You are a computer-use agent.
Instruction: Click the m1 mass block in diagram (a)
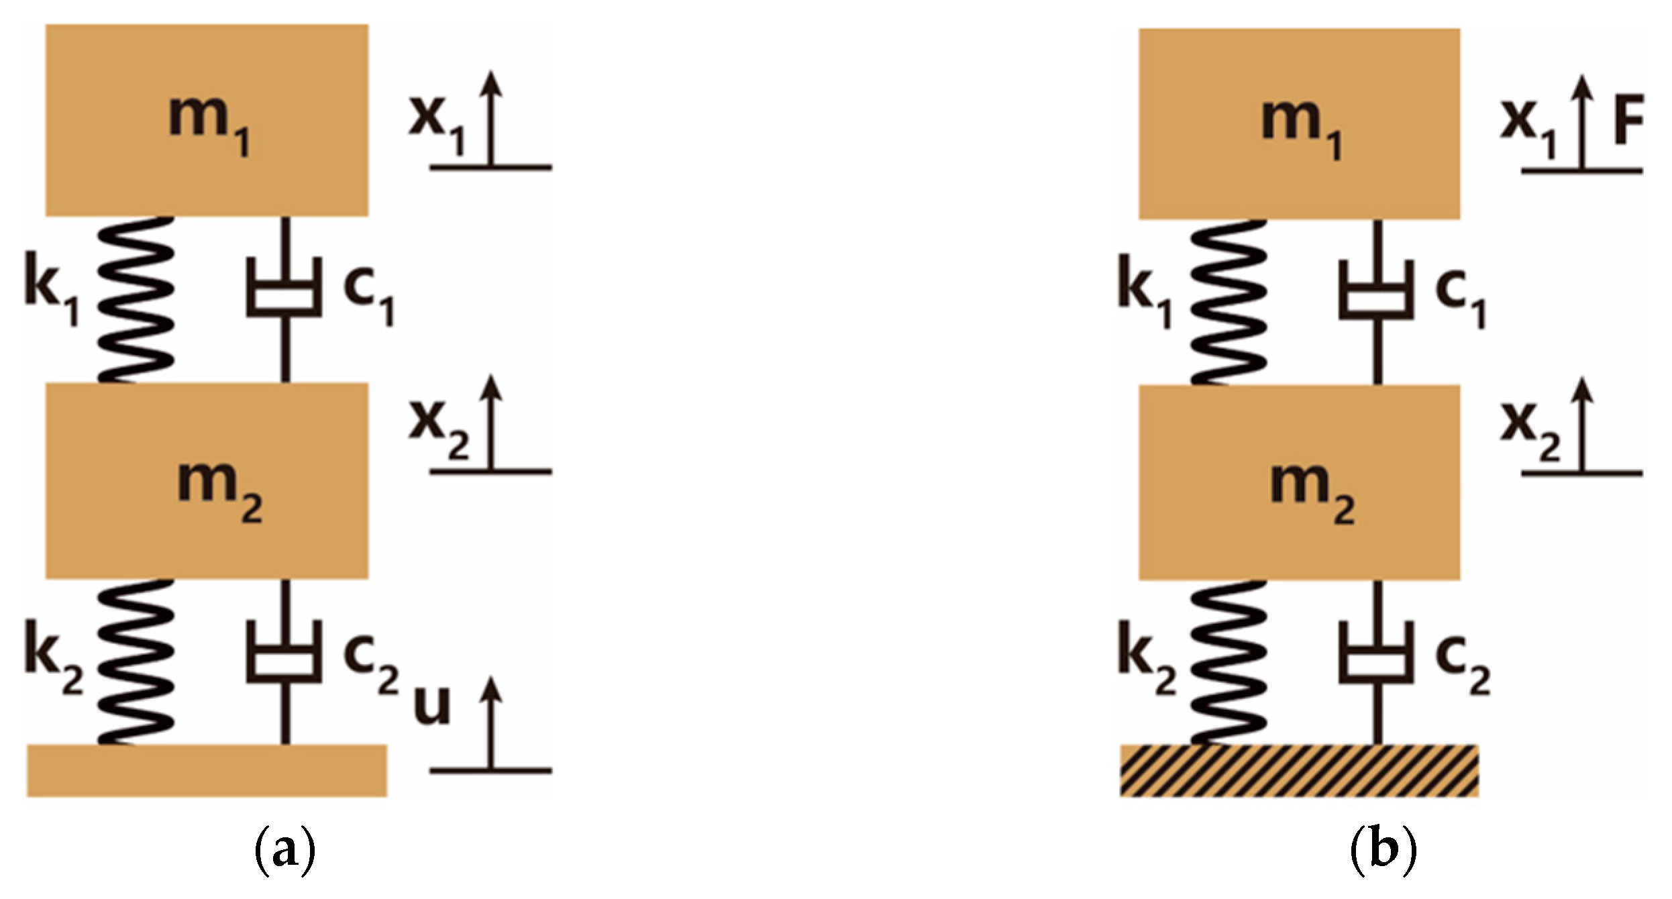tap(207, 121)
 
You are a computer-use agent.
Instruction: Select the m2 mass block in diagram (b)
tap(1299, 482)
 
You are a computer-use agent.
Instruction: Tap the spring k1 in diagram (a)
tap(137, 299)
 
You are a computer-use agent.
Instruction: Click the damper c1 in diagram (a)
tap(284, 295)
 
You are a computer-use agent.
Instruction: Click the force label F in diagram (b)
tap(1628, 121)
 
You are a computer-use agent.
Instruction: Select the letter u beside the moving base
tap(431, 704)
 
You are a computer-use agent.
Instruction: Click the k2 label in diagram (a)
tap(52, 656)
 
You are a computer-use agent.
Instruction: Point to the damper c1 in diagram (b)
tap(1377, 299)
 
